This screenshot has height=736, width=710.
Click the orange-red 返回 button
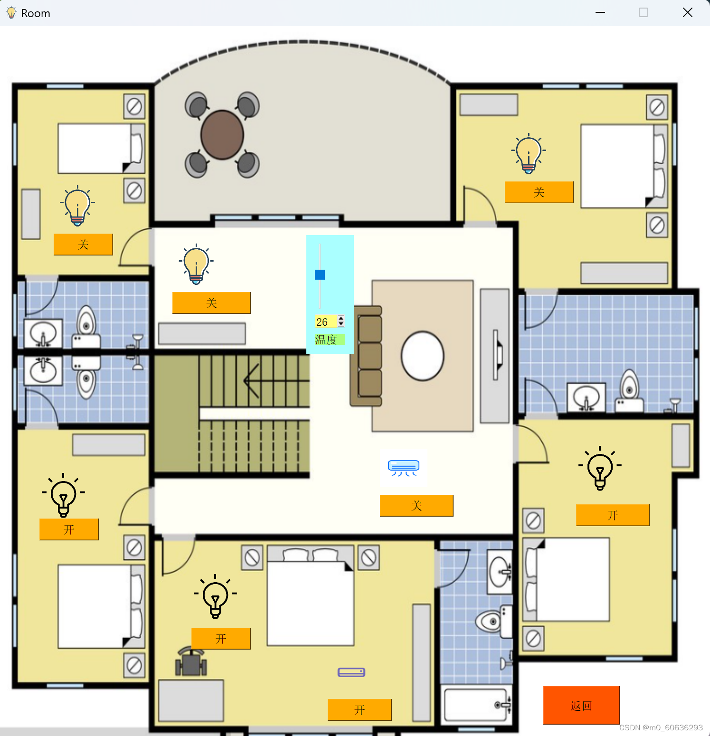coord(581,705)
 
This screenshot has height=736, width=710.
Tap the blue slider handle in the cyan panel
coord(320,274)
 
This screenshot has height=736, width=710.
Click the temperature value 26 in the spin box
coord(322,322)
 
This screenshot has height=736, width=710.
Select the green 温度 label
coord(326,340)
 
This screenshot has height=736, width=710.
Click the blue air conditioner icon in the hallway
coord(404,468)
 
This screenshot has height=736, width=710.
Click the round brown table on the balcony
coord(222,135)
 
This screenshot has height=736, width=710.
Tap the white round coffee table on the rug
coord(423,356)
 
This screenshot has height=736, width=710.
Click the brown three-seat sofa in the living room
coord(366,356)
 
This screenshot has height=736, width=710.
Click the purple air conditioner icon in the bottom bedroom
coord(351,672)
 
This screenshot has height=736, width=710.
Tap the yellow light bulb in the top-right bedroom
coord(529,154)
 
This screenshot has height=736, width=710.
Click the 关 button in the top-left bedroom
coord(83,245)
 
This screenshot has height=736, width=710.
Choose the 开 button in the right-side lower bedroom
coord(613,515)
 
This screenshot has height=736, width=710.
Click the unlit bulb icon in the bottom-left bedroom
coord(63,495)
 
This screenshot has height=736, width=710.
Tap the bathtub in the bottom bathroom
coord(476,705)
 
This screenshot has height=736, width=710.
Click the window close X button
coord(688,13)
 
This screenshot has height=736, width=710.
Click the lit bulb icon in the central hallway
coord(196,264)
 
